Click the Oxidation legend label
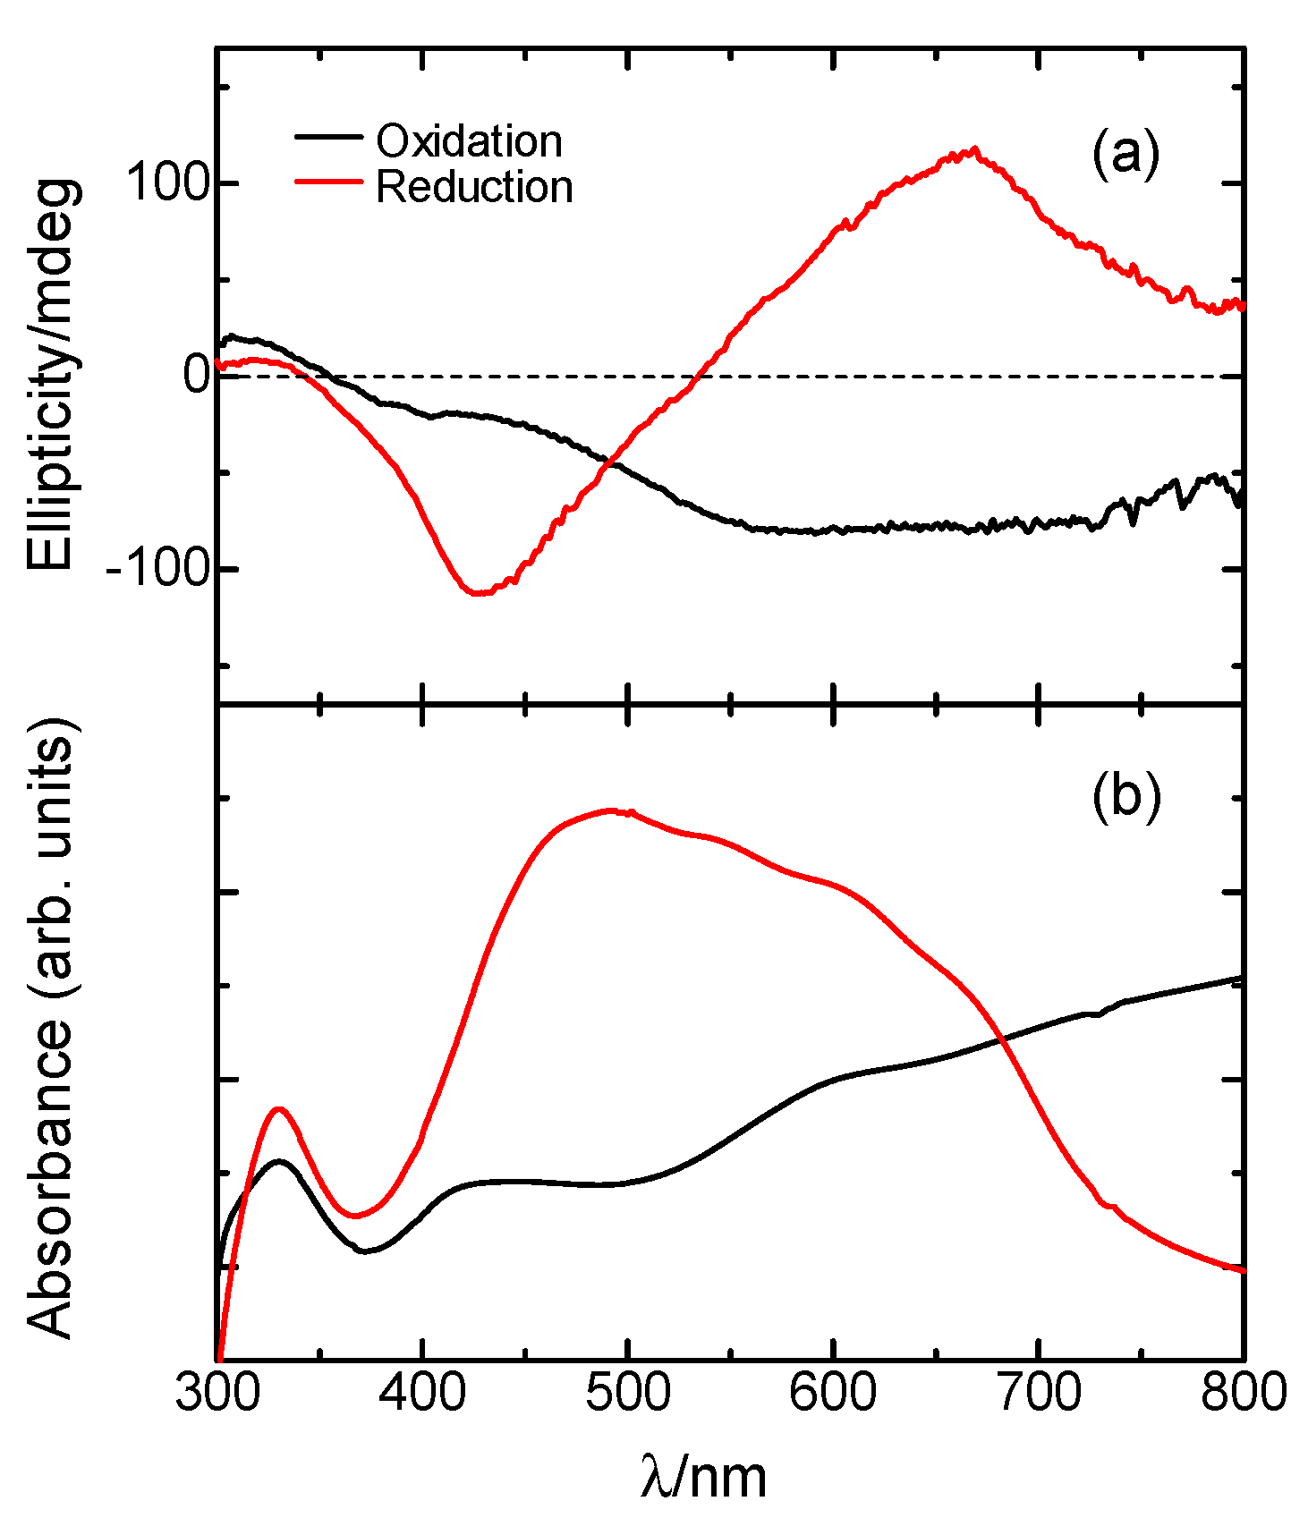[469, 141]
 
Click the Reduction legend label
[474, 187]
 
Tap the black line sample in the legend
[328, 137]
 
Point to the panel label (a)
[1125, 154]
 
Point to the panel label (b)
[1126, 795]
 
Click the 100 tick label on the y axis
[166, 183]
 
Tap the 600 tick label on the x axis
[833, 1393]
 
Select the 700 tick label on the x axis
[1038, 1393]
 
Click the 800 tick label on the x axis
[1243, 1393]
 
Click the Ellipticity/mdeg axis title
[54, 376]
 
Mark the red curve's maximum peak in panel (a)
[973, 149]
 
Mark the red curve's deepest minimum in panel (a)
[477, 592]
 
